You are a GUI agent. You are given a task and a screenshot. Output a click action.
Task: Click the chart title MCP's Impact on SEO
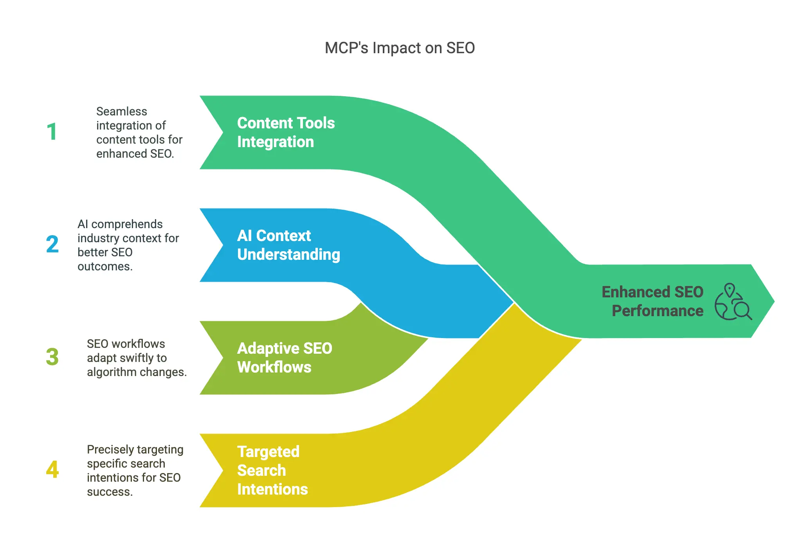[x=400, y=48]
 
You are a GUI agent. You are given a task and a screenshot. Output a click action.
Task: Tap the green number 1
[x=52, y=132]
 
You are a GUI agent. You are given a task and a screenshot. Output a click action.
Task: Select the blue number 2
[x=52, y=244]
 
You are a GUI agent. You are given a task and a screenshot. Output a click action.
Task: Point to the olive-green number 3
[x=52, y=357]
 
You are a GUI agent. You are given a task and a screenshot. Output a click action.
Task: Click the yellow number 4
[x=52, y=470]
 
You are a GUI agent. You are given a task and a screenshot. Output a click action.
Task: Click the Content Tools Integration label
[x=286, y=132]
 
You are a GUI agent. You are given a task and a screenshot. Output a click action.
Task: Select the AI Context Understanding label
[x=288, y=245]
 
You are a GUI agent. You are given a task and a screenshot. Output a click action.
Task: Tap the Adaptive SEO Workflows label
[x=285, y=358]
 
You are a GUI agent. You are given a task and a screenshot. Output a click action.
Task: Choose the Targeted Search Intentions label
[x=272, y=470]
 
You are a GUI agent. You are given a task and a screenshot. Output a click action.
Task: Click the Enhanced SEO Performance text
[x=652, y=301]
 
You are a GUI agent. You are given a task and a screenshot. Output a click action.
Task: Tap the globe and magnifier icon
[x=733, y=302]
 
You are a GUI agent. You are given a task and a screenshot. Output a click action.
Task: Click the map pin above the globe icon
[x=729, y=290]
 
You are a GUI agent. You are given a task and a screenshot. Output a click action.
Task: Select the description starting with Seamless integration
[x=139, y=133]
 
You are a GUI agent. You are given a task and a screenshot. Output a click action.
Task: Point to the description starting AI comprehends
[x=128, y=245]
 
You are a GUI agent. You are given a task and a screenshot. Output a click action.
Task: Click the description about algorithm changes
[x=137, y=358]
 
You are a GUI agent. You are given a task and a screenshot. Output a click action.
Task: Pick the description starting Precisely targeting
[x=135, y=470]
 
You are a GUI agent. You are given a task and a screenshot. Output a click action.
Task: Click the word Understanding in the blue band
[x=288, y=255]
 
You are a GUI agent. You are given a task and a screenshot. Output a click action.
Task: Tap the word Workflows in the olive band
[x=274, y=367]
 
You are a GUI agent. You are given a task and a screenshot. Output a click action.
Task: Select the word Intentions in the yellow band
[x=272, y=489]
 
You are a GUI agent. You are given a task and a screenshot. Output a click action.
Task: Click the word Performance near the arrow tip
[x=658, y=311]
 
